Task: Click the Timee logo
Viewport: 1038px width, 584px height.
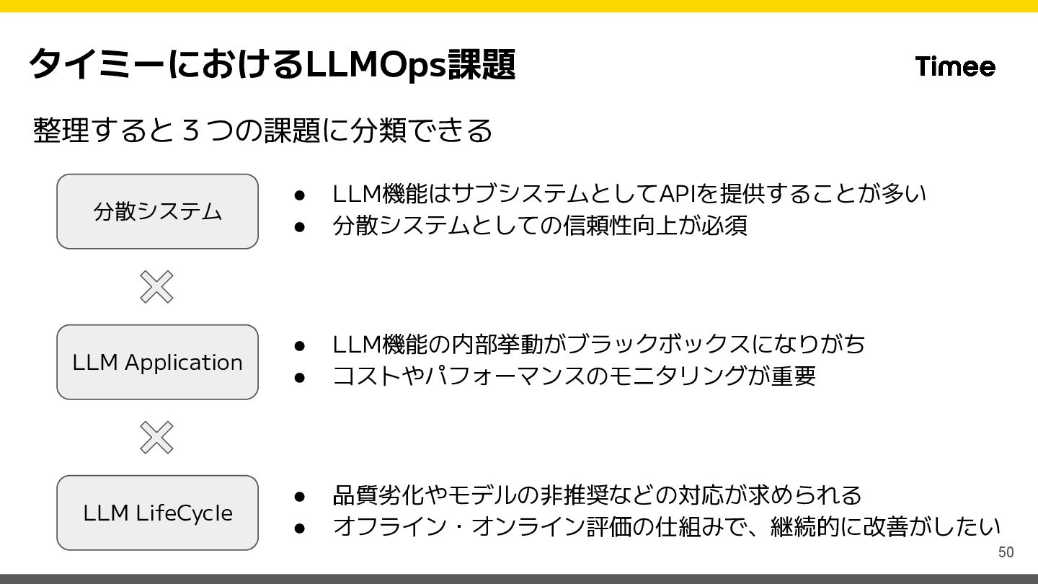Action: [x=955, y=66]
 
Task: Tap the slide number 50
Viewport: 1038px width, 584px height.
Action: [x=1006, y=552]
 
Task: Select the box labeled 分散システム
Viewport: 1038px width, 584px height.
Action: [x=157, y=211]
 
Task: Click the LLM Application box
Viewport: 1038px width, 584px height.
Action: [x=157, y=362]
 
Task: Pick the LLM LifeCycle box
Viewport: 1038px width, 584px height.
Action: [x=157, y=513]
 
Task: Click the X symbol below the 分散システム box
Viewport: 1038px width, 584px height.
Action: [x=156, y=287]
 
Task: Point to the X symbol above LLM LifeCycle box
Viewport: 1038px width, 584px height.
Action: [x=156, y=438]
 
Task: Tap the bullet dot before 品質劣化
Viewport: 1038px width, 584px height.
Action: [x=301, y=496]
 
